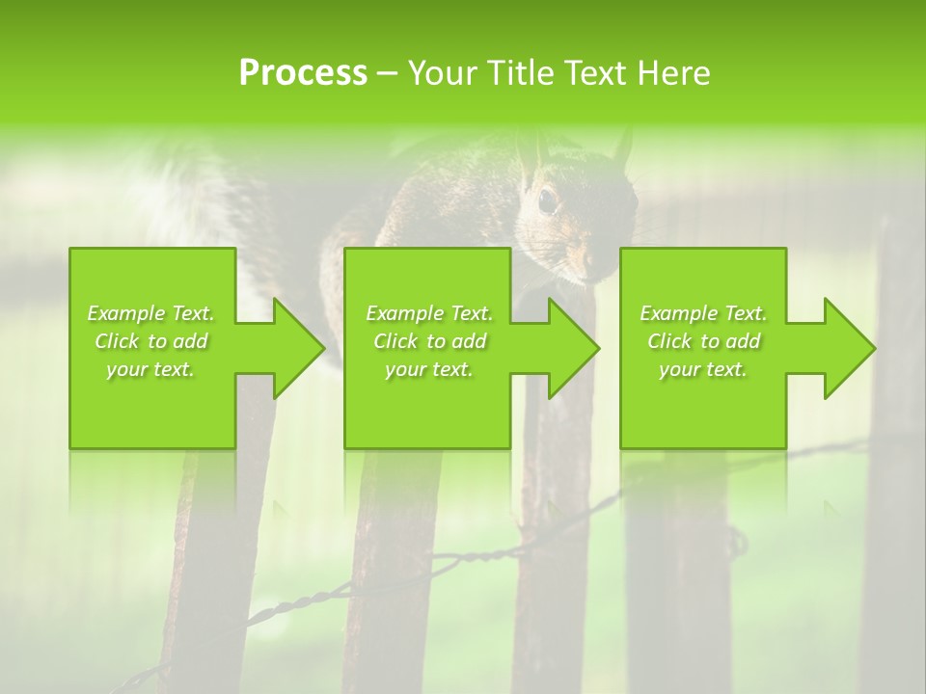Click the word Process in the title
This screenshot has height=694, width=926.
tap(303, 73)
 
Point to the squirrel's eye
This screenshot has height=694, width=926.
tap(547, 200)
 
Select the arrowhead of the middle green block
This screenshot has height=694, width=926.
tap(573, 348)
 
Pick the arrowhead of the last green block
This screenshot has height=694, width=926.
tap(849, 348)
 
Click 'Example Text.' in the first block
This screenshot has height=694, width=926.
tap(151, 313)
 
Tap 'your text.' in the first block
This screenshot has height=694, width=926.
tap(151, 369)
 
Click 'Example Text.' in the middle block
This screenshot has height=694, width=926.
tap(429, 313)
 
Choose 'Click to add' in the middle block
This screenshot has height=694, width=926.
tap(429, 341)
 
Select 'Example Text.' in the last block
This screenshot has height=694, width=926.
tap(703, 313)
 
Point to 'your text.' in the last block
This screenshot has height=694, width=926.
tap(703, 369)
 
